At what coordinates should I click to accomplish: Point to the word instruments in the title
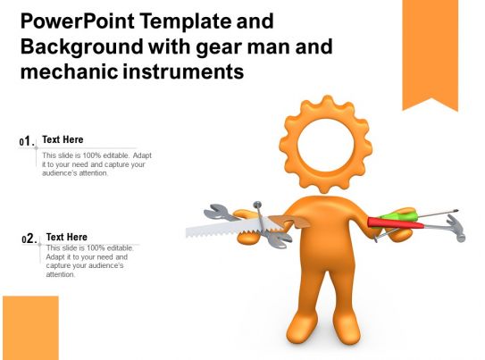tap(185, 72)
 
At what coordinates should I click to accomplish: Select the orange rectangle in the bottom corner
tap(30, 327)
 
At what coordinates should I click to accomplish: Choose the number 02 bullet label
tap(29, 239)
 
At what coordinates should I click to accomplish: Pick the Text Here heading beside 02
tap(66, 237)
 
